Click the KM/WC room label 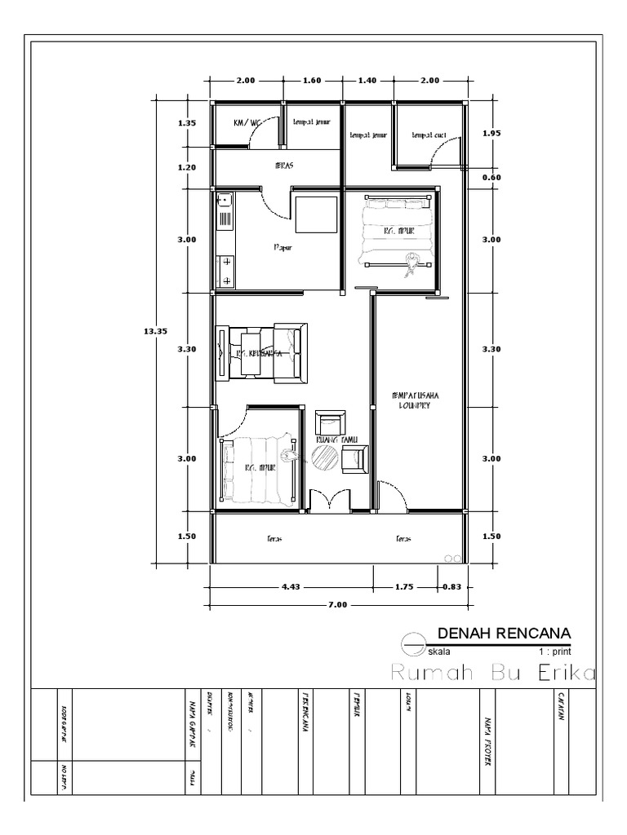tap(245, 122)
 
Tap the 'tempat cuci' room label tap(428, 135)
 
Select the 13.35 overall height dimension tap(154, 330)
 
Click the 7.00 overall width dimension tap(337, 605)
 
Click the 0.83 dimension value tap(451, 586)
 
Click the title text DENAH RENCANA tap(504, 633)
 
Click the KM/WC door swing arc tap(260, 136)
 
